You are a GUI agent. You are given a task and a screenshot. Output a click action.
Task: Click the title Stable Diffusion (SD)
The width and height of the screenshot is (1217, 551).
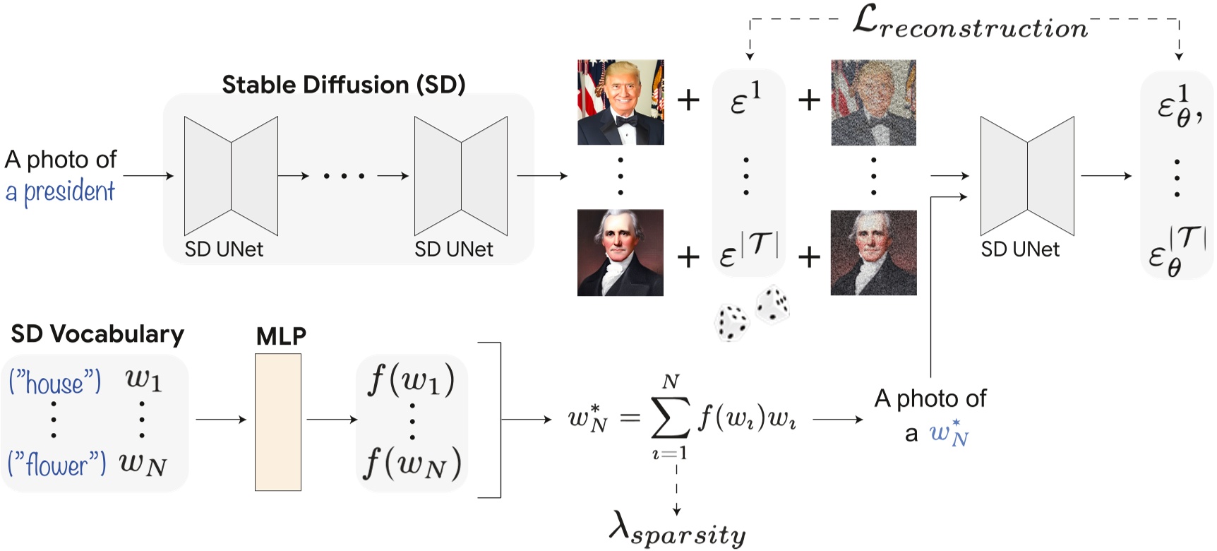(x=343, y=85)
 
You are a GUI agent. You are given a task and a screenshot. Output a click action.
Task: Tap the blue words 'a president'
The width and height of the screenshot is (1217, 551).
(x=60, y=191)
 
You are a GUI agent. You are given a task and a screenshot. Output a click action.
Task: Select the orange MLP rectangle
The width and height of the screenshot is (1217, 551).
(x=278, y=422)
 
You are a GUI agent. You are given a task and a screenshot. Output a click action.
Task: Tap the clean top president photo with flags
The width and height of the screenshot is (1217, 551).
(x=621, y=102)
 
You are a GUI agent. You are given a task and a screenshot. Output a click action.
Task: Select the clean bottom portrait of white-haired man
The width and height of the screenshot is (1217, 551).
(x=621, y=252)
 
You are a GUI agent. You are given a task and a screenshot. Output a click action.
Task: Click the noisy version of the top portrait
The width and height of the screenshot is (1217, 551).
(x=873, y=102)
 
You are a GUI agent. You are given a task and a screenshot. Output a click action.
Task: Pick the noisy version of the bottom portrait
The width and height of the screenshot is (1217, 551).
(x=873, y=252)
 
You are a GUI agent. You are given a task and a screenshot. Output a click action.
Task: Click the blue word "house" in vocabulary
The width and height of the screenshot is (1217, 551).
(x=55, y=383)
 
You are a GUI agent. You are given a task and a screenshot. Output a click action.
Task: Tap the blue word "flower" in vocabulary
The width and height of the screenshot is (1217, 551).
(x=56, y=464)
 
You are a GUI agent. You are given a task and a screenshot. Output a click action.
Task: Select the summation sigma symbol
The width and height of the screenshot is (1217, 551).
(x=670, y=417)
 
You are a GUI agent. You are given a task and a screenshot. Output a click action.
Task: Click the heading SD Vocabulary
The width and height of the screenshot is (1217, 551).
(x=97, y=333)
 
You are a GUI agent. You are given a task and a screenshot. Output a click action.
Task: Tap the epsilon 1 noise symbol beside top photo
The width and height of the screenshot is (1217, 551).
(x=745, y=99)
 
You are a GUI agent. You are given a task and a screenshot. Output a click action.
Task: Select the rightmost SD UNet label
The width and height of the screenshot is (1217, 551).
(x=1020, y=249)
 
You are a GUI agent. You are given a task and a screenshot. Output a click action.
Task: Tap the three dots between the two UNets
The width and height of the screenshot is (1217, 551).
(x=344, y=175)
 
